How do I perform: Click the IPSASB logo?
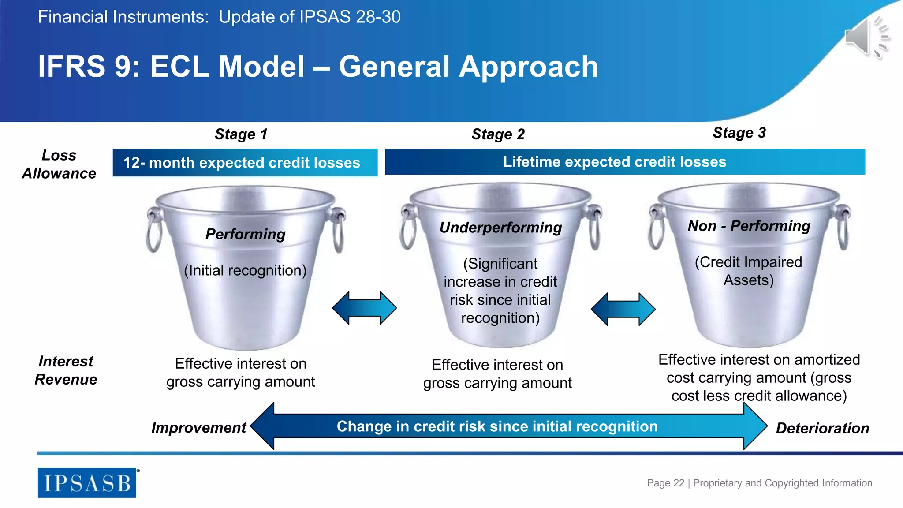point(87,483)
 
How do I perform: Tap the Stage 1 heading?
point(241,134)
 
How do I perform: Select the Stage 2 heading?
point(498,134)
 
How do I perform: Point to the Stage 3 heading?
point(739,133)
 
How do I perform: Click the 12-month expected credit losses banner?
point(245,163)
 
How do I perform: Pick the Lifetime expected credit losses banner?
point(625,162)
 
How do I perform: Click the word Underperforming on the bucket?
point(500,228)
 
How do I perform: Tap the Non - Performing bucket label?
point(749,226)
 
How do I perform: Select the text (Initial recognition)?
point(245,270)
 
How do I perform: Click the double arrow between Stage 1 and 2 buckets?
point(364,308)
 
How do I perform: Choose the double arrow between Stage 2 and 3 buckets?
point(623,309)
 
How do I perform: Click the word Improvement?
point(198,428)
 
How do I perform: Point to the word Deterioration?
point(822,428)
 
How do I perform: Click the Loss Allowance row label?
point(59,164)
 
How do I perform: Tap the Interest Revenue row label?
point(66,370)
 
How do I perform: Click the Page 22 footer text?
point(759,483)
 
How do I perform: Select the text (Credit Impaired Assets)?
point(748,271)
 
